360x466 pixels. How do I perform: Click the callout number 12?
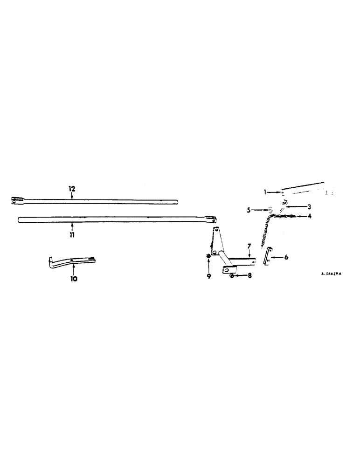click(x=72, y=189)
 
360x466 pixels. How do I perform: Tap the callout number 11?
click(x=72, y=230)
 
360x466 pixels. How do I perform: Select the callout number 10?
click(x=74, y=280)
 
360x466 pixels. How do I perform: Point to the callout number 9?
click(x=209, y=276)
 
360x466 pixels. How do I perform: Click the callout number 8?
click(x=250, y=276)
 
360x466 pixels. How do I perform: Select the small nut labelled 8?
click(x=232, y=276)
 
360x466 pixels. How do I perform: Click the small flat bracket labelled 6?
click(x=268, y=257)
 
